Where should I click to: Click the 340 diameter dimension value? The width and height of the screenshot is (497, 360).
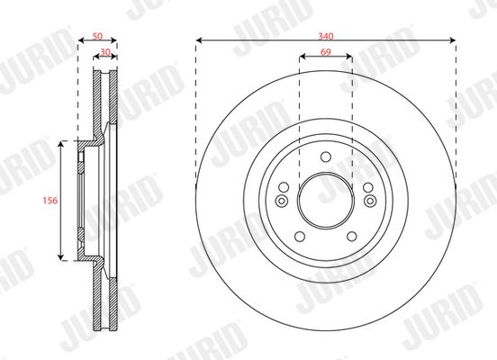click(326, 36)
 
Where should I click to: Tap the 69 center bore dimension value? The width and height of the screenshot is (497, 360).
click(326, 52)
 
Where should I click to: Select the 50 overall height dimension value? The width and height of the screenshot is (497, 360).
click(97, 36)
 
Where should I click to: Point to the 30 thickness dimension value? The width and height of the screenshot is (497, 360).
click(105, 52)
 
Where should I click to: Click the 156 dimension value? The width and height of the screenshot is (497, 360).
click(50, 201)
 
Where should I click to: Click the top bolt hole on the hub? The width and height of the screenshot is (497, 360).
click(326, 157)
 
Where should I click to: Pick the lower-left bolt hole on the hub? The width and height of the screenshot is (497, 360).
click(300, 237)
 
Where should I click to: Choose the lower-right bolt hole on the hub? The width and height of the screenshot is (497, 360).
click(351, 237)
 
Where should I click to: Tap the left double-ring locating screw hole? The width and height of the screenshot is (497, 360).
click(282, 201)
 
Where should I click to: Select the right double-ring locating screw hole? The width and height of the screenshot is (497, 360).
click(370, 201)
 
